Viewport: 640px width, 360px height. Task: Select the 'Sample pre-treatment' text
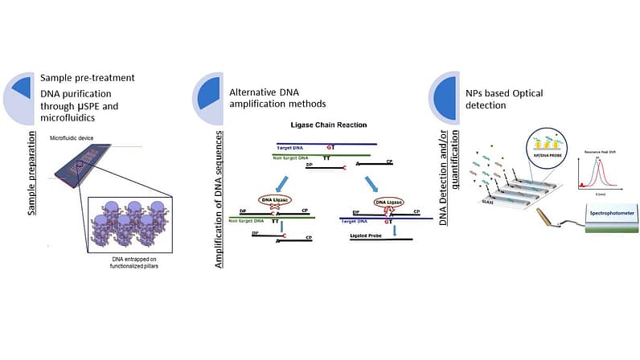point(87,79)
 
